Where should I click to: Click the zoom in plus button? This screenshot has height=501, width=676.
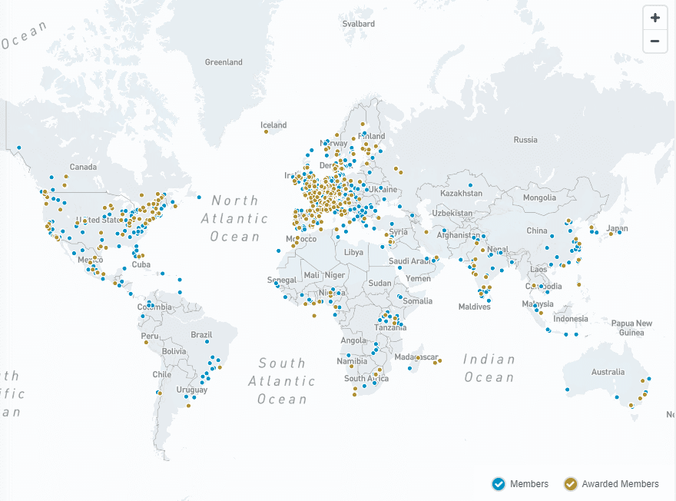tap(654, 18)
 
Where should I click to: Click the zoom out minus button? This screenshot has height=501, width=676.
tap(654, 41)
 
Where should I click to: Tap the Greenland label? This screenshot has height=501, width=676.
tap(224, 62)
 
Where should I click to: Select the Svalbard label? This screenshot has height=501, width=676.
tap(359, 24)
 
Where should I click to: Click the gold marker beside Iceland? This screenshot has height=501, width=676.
tap(266, 131)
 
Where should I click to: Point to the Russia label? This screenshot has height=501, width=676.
tap(525, 140)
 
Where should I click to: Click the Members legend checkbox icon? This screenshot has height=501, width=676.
tap(499, 483)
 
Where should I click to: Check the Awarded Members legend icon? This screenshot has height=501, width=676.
tap(571, 483)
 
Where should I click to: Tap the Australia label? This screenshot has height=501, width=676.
tap(608, 372)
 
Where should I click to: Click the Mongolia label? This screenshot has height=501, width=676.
tap(538, 197)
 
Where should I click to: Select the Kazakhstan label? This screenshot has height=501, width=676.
tap(461, 193)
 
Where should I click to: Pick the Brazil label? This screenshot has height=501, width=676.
tap(201, 334)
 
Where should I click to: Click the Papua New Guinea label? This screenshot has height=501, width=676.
tap(631, 328)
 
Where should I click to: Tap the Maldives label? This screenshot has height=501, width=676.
tap(474, 307)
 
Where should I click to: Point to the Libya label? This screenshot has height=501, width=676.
tap(353, 252)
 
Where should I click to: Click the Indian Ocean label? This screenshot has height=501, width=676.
tap(489, 368)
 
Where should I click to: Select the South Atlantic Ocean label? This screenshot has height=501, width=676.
tap(282, 381)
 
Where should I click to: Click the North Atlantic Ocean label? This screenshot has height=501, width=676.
tap(235, 218)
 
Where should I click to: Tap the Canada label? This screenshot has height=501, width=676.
tap(83, 167)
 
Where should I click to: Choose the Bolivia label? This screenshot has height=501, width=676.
tap(174, 351)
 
